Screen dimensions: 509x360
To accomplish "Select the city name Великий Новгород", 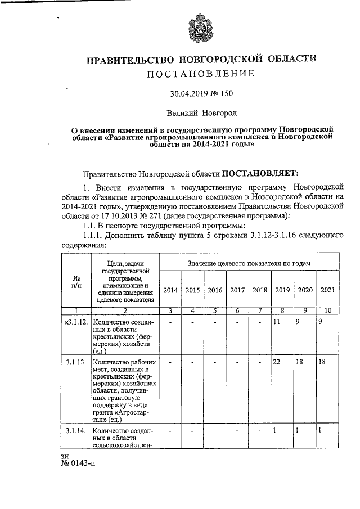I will tap(202, 113).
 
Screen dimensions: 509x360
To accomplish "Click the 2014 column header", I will tap(170, 290).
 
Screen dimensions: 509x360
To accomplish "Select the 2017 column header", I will tap(237, 290).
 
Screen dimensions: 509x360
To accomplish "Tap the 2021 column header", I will tap(327, 290).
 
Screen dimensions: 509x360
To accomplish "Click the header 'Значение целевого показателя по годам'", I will tap(249, 263).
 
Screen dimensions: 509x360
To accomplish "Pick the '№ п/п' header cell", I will tap(76, 282).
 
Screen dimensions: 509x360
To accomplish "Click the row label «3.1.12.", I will tap(75, 322).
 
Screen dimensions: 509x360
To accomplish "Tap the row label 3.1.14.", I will tap(76, 430).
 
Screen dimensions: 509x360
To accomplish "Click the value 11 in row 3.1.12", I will tap(276, 322).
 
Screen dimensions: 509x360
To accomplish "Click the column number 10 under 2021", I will tap(327, 311).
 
